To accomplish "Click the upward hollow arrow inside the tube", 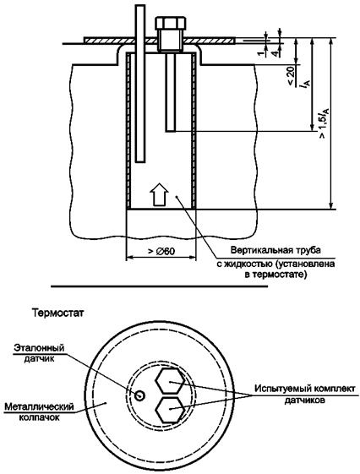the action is pos(159,194).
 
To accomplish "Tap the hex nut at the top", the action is pos(170,23).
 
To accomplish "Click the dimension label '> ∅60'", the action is pos(161,251).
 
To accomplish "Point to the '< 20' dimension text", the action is pos(290,77).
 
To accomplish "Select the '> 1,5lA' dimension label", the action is pos(323,123).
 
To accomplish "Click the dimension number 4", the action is pos(275,53).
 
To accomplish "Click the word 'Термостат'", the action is pos(57,313).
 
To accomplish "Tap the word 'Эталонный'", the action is pos(39,347).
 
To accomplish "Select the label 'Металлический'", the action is pos(39,406).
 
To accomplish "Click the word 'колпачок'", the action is pos(39,417).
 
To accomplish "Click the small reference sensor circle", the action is pos(139,395).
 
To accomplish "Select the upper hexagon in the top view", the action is pos(170,381).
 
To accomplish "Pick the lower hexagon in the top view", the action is pos(170,410).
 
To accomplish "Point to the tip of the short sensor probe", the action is pos(171,131).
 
